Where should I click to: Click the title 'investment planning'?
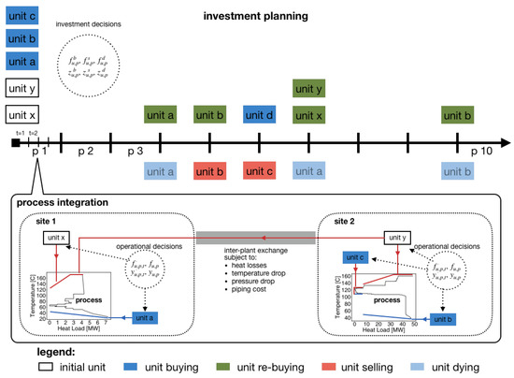coord(258,17)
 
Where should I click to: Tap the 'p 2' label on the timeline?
coord(85,151)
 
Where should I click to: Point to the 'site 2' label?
coord(346,223)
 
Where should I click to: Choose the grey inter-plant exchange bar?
coord(255,236)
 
